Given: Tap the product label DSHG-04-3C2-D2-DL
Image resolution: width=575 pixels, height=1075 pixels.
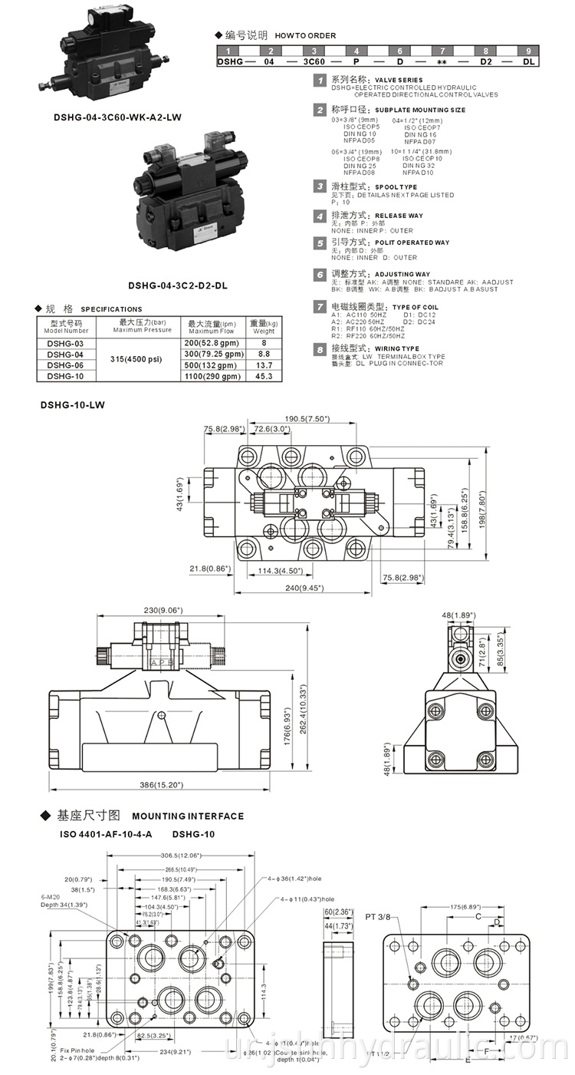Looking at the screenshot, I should click(177, 285).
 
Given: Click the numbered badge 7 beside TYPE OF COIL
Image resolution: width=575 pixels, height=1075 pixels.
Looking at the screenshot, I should click(320, 307).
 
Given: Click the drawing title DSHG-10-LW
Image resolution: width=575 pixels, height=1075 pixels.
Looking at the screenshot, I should click(72, 404).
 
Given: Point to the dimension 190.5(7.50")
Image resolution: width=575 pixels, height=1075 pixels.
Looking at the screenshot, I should click(307, 419).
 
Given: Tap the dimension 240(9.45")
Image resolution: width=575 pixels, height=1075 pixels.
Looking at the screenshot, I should click(303, 588).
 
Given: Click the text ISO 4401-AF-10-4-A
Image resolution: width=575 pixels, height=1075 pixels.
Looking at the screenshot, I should click(107, 833).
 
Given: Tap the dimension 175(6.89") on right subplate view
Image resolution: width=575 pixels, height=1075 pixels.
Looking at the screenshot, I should click(465, 906).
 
